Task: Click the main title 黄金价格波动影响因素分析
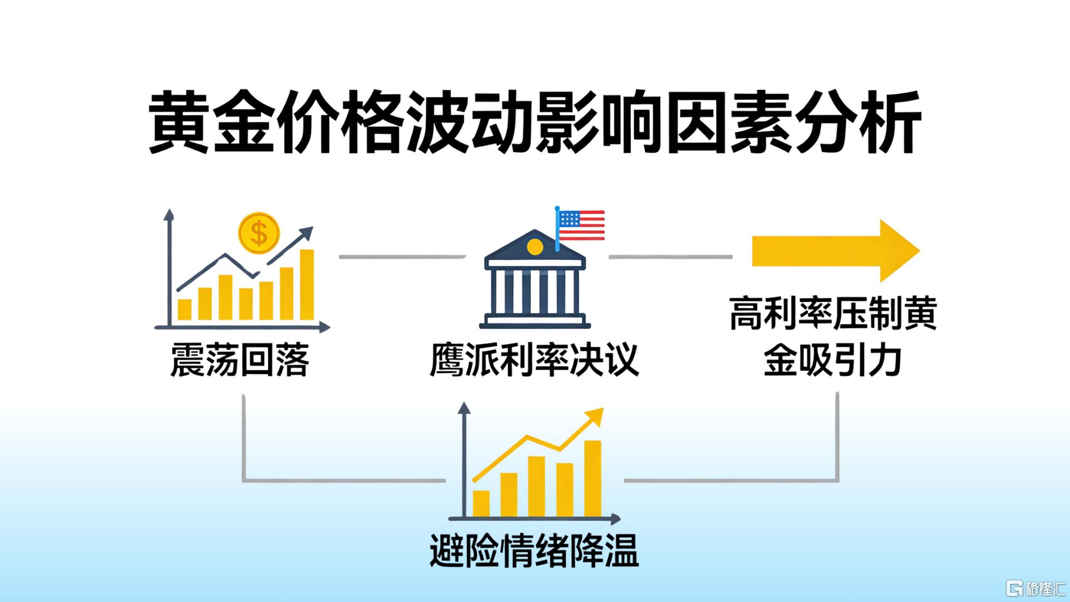[x=535, y=124]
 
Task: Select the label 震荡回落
[x=240, y=360]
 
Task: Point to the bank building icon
[x=535, y=279]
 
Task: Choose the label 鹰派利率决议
[x=534, y=360]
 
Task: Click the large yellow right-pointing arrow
[x=836, y=251]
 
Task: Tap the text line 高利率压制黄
[x=834, y=314]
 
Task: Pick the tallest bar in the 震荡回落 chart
[x=307, y=284]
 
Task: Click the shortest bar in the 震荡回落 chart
[x=184, y=309]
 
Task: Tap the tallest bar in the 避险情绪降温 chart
[x=593, y=478]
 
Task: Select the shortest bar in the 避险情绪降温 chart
[x=481, y=503]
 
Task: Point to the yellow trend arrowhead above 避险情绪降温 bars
[x=595, y=416]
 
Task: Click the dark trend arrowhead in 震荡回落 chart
[x=305, y=235]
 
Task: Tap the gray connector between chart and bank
[x=402, y=257]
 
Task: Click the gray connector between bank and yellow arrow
[x=670, y=257]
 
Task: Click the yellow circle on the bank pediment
[x=534, y=247]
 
